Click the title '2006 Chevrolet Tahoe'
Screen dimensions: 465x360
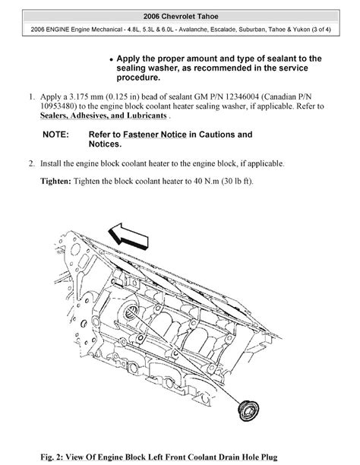179,16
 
